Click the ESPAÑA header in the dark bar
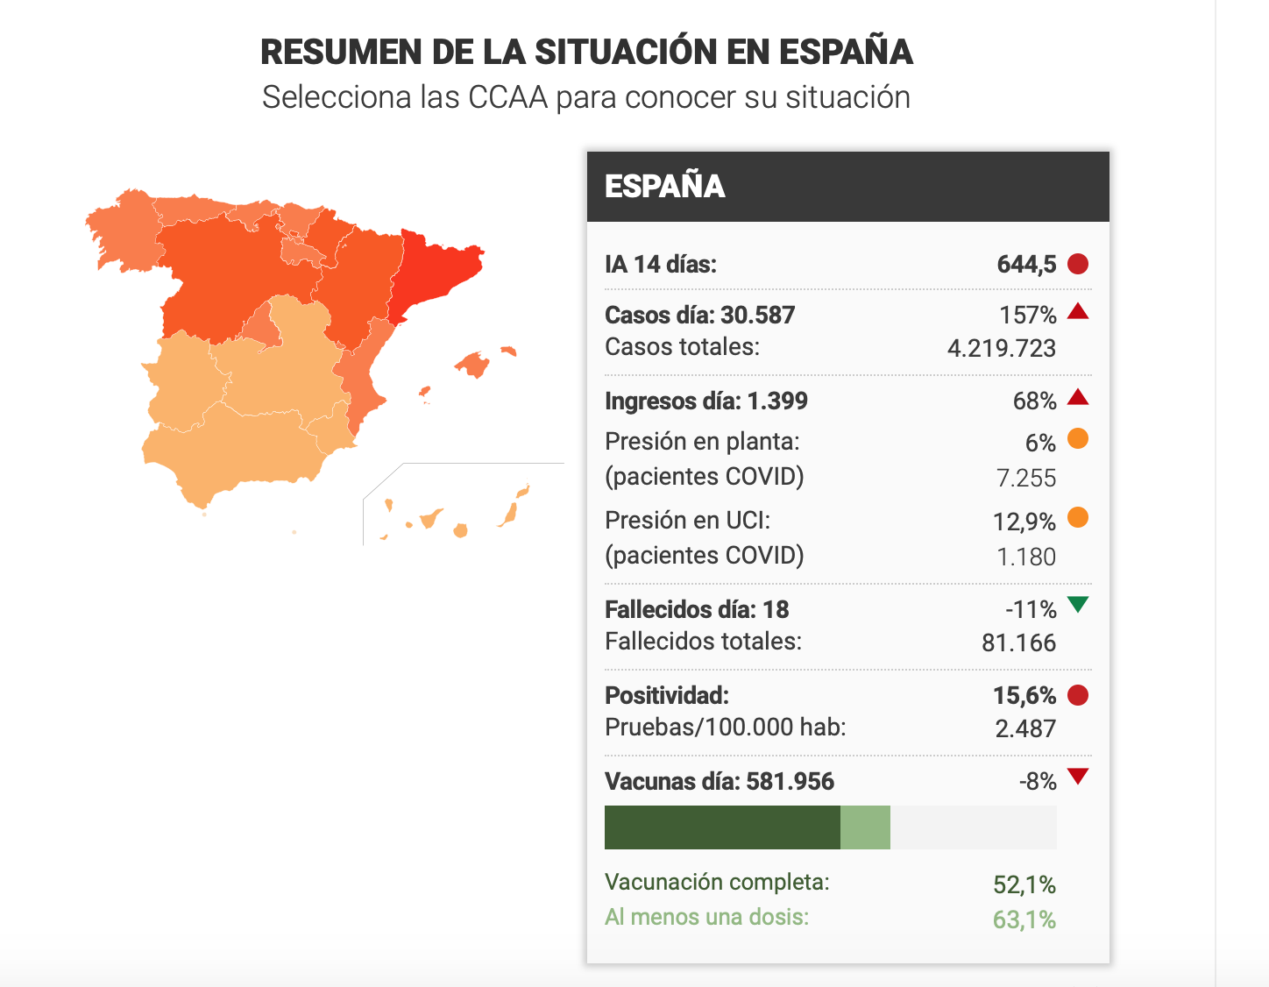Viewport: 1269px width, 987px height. point(664,186)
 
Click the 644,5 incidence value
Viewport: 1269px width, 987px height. point(1026,264)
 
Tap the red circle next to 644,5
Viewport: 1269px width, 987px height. point(1077,264)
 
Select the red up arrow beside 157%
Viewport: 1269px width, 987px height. point(1077,311)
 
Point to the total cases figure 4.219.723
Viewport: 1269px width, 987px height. point(1001,348)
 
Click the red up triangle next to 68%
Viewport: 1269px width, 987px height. point(1077,397)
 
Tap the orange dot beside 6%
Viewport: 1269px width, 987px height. point(1077,438)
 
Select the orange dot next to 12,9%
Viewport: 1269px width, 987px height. point(1077,517)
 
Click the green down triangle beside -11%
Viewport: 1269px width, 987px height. point(1077,604)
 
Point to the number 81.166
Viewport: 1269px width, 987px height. point(1018,643)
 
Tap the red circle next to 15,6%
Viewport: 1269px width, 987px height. point(1077,695)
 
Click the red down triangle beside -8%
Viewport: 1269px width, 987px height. point(1077,776)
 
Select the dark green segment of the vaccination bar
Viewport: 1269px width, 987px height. point(722,827)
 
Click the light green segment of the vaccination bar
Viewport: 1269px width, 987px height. point(866,827)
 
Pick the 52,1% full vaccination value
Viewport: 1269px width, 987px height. point(1024,884)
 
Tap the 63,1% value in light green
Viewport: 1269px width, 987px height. point(1024,920)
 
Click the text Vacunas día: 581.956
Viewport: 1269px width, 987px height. point(720,781)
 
